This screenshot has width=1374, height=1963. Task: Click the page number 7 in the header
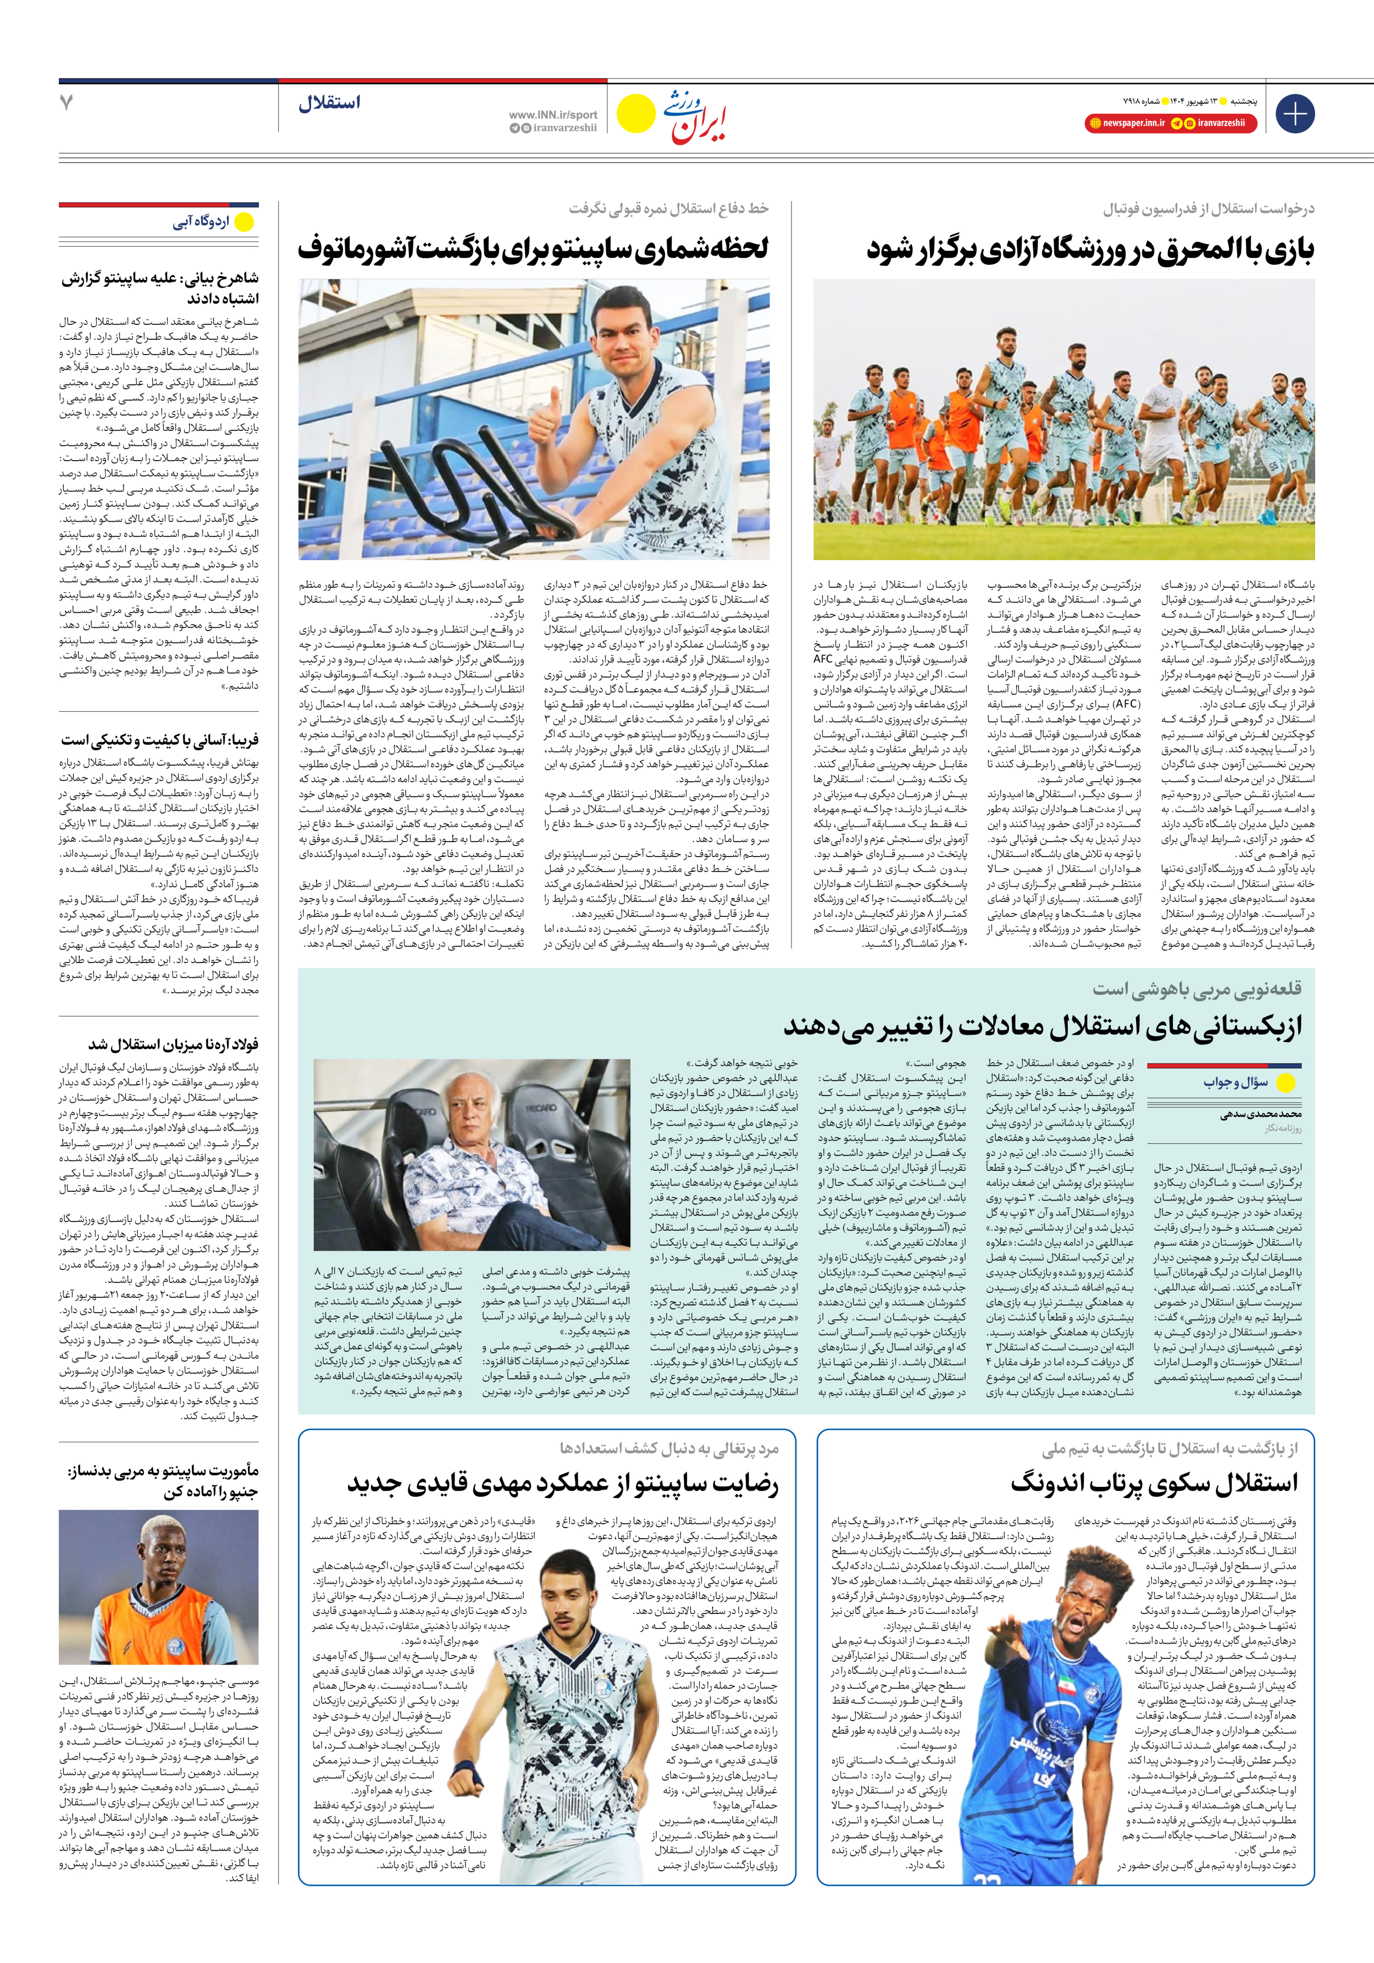pos(67,103)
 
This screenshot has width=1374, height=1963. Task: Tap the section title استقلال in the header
pos(329,103)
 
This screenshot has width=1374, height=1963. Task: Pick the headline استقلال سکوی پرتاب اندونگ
pos(1154,1483)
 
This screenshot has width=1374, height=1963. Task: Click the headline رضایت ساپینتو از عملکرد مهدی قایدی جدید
pos(563,1483)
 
